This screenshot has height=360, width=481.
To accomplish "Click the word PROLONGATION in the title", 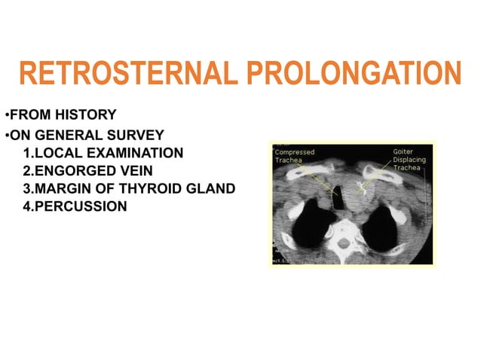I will (x=354, y=75).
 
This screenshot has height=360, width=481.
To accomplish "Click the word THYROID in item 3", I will (x=148, y=188).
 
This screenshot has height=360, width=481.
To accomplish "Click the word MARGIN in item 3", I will (x=64, y=188).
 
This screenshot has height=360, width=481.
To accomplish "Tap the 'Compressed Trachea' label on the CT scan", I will (x=294, y=156).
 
